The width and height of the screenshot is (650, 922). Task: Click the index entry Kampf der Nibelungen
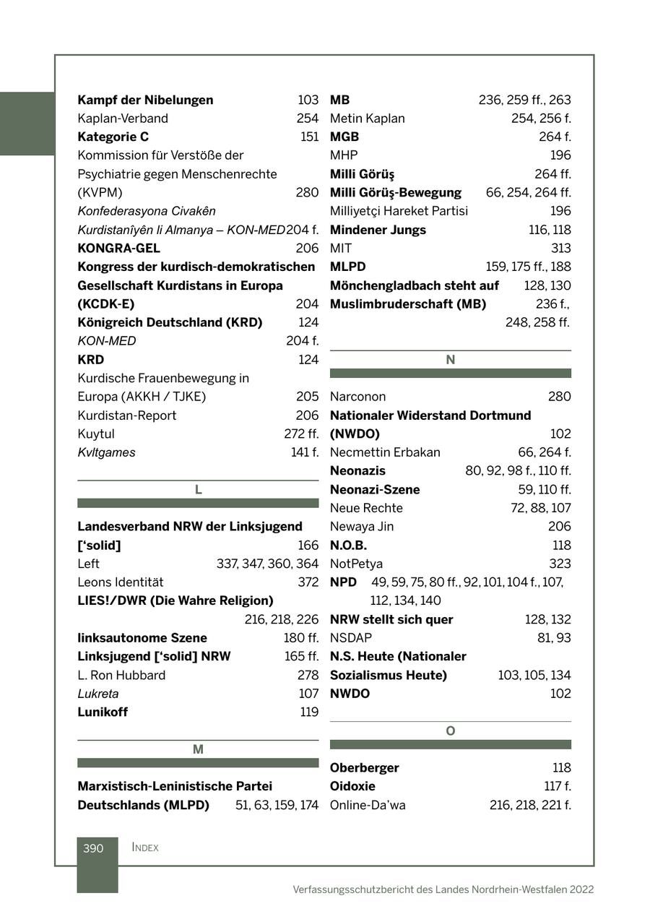tap(145, 100)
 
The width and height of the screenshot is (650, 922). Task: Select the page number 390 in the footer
tap(93, 848)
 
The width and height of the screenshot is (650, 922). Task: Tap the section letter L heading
tap(198, 490)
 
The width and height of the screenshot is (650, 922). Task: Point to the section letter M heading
tap(198, 750)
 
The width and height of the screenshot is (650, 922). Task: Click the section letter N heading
tap(450, 360)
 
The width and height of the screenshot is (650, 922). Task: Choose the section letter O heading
tap(450, 731)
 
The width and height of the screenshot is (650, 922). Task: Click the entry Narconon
tap(357, 397)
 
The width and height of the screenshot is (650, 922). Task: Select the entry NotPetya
tap(356, 564)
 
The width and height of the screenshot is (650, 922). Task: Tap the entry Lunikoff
tap(103, 712)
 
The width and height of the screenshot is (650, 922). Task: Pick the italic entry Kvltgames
tap(106, 452)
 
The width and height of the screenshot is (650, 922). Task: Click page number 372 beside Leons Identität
tap(308, 582)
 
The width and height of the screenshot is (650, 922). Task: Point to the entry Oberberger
tap(364, 768)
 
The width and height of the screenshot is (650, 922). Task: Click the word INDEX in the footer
tap(145, 848)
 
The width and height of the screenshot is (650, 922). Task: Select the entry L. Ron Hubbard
tap(121, 675)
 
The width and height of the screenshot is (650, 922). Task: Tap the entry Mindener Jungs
tap(378, 230)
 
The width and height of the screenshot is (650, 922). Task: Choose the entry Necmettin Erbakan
tap(385, 452)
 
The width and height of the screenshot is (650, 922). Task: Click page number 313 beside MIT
tap(560, 249)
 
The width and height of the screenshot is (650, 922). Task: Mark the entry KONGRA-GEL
tap(118, 249)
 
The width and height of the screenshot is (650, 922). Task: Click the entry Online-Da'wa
tap(368, 805)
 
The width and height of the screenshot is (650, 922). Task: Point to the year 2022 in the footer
tap(581, 889)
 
